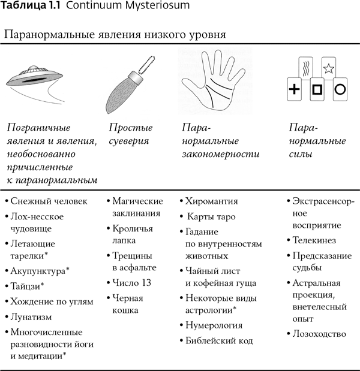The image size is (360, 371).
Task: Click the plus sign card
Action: (294, 90)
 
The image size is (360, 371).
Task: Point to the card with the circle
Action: (339, 90)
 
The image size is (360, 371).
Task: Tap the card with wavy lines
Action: (305, 67)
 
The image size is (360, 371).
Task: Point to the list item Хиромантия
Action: (212, 201)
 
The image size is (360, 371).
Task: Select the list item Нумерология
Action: (214, 325)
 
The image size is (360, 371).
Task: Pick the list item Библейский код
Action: (220, 341)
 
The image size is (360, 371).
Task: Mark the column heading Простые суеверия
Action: (130, 135)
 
